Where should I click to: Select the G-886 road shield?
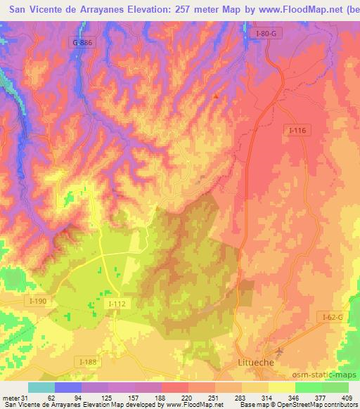tap(82, 43)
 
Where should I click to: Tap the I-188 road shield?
tap(89, 361)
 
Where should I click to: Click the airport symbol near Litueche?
tap(281, 351)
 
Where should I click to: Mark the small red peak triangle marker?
tap(216, 95)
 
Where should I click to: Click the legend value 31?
tap(26, 399)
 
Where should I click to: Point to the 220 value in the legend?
tap(187, 399)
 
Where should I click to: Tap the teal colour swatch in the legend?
tap(41, 387)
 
